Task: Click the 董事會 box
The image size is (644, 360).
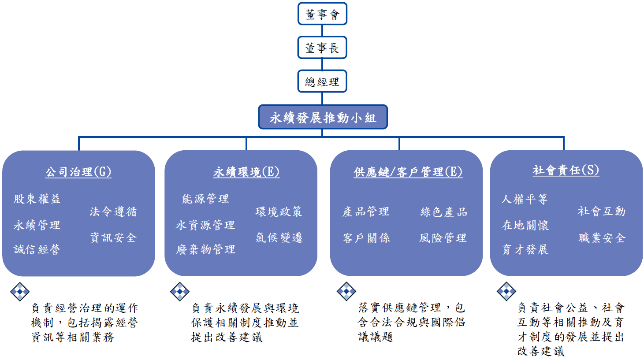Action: [322, 14]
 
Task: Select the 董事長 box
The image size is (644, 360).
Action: [322, 48]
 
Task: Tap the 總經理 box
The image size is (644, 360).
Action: [322, 82]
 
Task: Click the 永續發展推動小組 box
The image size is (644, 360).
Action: [323, 117]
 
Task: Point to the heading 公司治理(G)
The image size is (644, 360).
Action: [78, 171]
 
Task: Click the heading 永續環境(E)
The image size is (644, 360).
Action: [246, 171]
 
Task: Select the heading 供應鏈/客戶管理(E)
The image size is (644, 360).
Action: [408, 171]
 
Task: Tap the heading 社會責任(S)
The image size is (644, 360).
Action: [566, 170]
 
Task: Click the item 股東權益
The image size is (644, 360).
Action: [37, 199]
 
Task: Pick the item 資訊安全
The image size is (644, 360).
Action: [113, 238]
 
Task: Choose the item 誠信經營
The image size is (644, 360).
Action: [37, 249]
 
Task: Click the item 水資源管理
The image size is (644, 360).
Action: [205, 225]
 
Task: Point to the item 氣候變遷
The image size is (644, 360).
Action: [279, 238]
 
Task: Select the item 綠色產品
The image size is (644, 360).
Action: [443, 212]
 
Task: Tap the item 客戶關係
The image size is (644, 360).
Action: [366, 238]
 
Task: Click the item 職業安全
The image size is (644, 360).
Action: [602, 238]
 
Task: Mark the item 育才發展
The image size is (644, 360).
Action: [525, 249]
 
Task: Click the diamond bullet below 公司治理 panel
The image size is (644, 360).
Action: [20, 291]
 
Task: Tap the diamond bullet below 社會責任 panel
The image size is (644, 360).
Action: [506, 291]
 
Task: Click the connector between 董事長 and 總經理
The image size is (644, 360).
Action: [322, 64]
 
